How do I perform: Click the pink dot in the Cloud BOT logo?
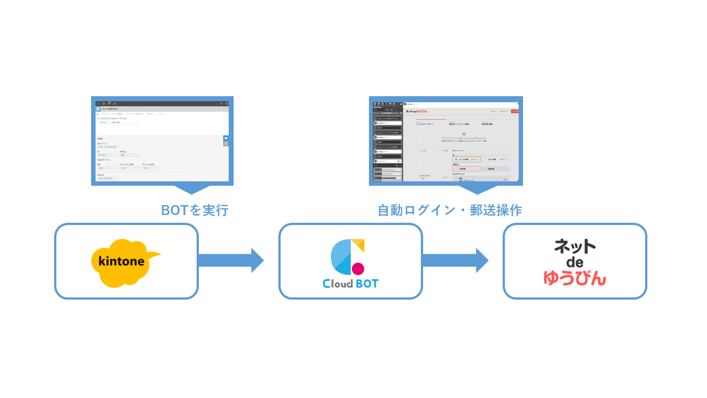click(x=358, y=269)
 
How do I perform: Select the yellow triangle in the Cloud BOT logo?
click(x=358, y=244)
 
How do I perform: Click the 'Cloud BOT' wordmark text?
click(x=351, y=284)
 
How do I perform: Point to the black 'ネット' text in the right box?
click(x=575, y=247)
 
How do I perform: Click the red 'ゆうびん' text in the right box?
click(x=574, y=277)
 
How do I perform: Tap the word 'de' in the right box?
click(x=574, y=262)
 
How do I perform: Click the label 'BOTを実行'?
click(x=194, y=211)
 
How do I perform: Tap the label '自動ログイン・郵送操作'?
click(x=450, y=211)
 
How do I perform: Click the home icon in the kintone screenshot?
click(x=104, y=103)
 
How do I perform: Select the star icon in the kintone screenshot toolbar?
click(x=114, y=103)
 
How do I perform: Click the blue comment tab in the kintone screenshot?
click(x=226, y=138)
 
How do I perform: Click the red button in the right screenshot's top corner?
click(x=515, y=111)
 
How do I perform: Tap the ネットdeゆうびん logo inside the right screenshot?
click(x=416, y=111)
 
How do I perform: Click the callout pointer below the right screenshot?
click(x=478, y=190)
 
